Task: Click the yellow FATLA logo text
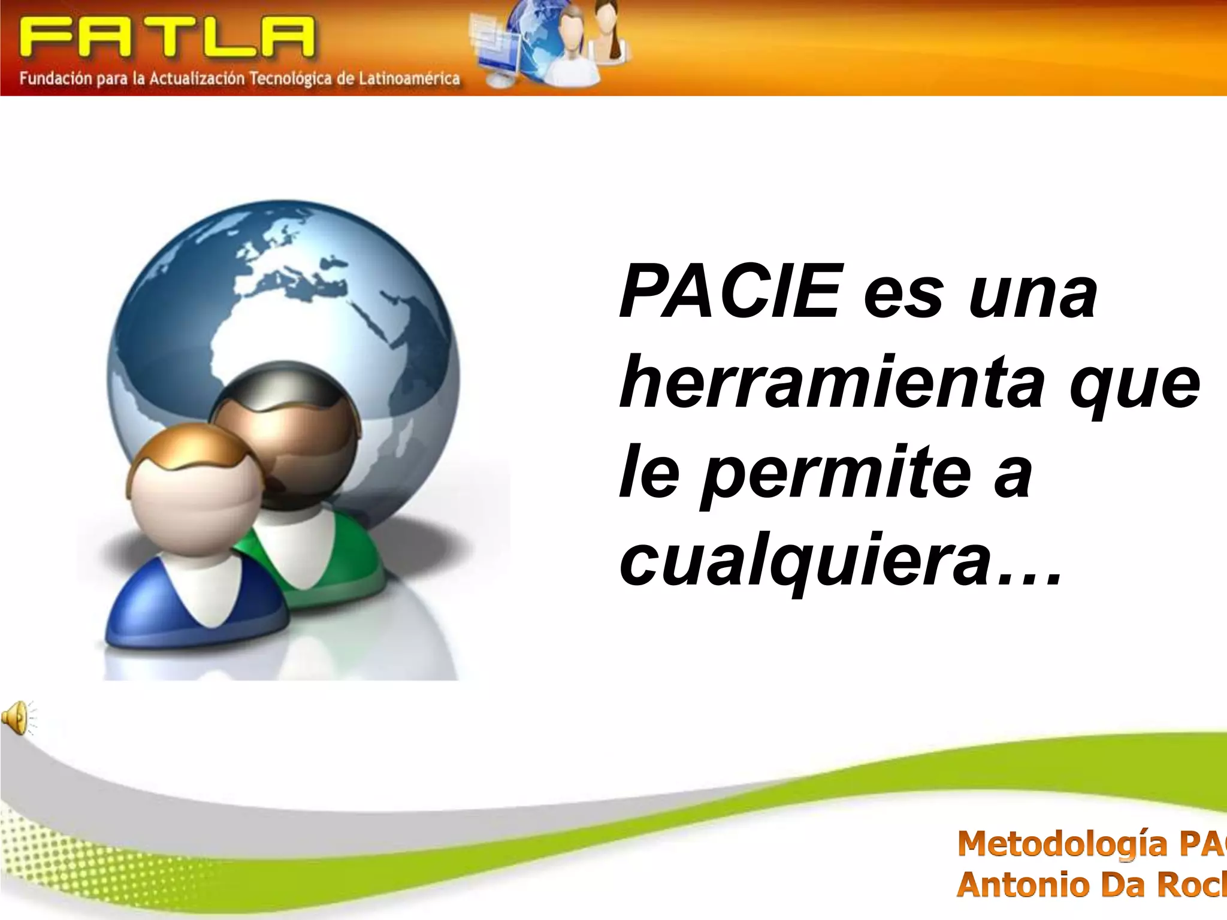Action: click(167, 37)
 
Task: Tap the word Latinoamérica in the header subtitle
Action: click(409, 78)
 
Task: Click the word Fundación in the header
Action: click(55, 78)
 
